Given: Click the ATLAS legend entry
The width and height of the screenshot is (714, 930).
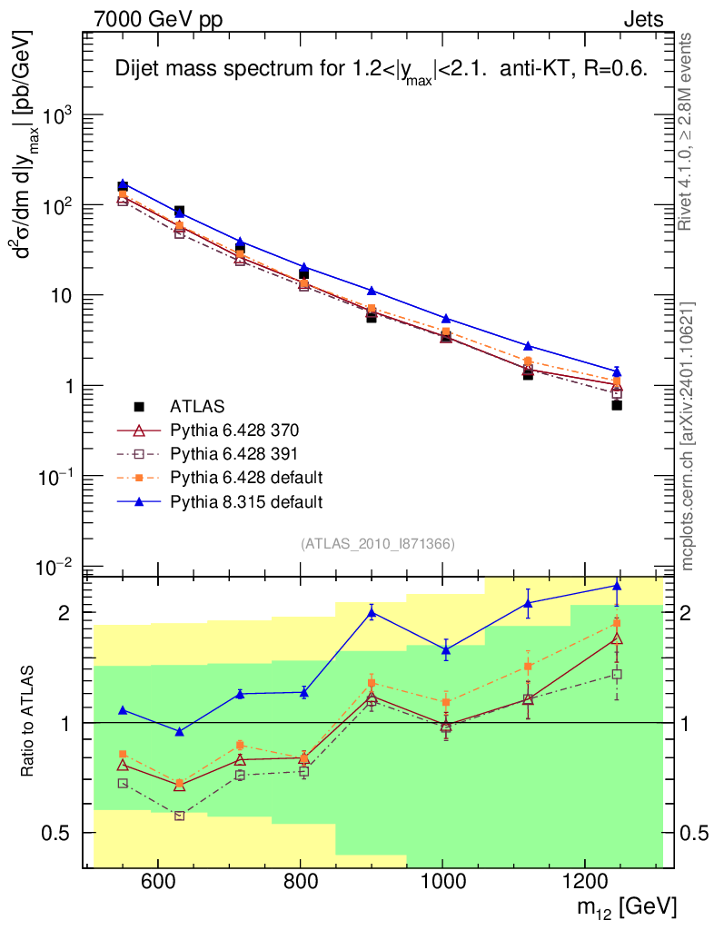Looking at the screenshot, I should [x=196, y=406].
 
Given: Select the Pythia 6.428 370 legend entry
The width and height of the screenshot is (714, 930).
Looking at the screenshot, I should [x=228, y=430].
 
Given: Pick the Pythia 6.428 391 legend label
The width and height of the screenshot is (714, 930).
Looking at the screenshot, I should [x=228, y=453].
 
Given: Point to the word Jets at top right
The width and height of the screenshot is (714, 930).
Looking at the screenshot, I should [x=642, y=18].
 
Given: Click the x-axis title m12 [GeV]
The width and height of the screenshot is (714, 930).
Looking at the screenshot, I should [x=626, y=907].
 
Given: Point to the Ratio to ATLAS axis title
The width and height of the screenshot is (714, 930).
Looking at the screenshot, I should [x=29, y=722].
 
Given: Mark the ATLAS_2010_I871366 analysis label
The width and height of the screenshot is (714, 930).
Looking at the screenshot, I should [x=377, y=543].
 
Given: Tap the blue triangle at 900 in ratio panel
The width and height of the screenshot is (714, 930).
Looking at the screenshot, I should [x=371, y=613].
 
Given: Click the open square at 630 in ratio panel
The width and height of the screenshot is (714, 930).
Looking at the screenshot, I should [x=179, y=816].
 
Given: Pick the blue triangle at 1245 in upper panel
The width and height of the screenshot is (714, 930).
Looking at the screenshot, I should [x=617, y=371].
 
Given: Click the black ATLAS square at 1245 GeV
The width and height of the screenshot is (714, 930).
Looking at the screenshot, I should [x=617, y=405].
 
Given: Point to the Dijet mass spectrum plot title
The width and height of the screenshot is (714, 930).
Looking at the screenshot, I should [x=380, y=70].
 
